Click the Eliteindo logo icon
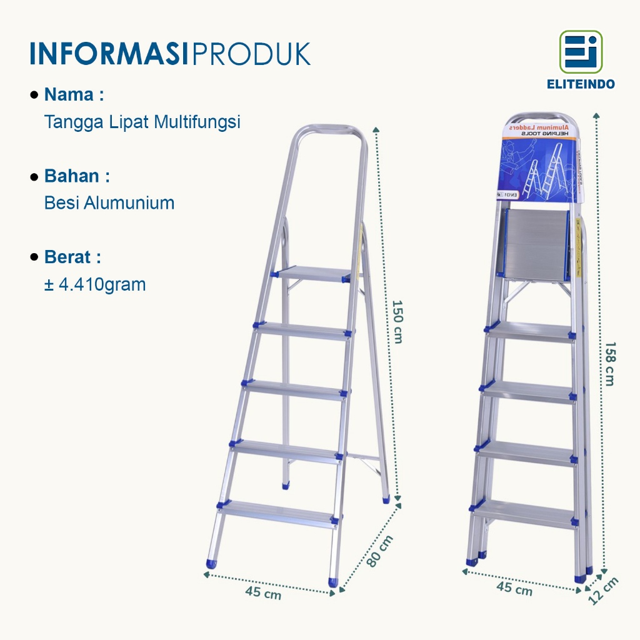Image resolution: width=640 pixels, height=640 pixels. [x=581, y=52]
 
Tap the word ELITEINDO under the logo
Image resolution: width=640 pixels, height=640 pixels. [x=581, y=84]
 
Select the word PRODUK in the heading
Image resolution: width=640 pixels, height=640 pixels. [x=252, y=54]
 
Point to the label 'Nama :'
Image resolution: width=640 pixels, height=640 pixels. [x=73, y=95]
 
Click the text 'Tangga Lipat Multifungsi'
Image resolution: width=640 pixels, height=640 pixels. [x=142, y=121]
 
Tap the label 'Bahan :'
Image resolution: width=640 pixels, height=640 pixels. [x=76, y=176]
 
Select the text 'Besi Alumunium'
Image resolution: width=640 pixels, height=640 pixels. [x=109, y=202]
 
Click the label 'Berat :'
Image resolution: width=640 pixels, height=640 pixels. [x=72, y=257]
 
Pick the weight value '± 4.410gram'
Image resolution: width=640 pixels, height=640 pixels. [x=94, y=284]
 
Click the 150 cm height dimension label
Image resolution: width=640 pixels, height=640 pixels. [x=397, y=321]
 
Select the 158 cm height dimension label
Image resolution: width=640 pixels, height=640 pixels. [x=610, y=363]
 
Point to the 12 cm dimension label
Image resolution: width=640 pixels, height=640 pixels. [x=604, y=590]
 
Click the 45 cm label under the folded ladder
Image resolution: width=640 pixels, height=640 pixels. [x=514, y=587]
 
